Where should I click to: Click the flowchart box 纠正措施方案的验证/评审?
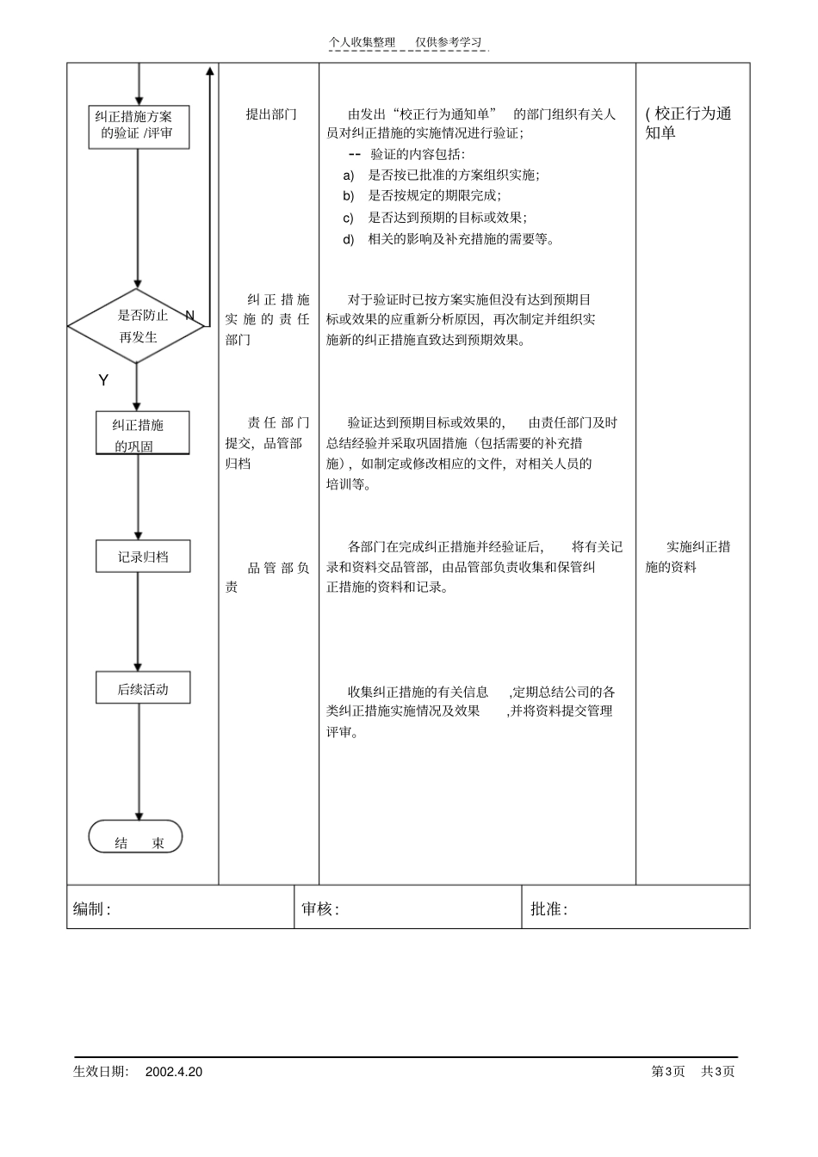coord(139,126)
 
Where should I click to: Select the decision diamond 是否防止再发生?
coord(137,326)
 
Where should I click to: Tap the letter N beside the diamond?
coord(190,316)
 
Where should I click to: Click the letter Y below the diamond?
coord(103,380)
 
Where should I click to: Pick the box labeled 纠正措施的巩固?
coord(142,433)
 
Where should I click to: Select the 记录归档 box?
coord(143,557)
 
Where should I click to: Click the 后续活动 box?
coord(143,688)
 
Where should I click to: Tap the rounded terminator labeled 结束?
coord(136,837)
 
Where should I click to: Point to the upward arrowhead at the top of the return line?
coord(209,71)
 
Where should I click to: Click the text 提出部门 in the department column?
coord(271,114)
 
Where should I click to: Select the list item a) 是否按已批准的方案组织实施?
coord(441,175)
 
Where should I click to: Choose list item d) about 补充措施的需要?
coord(449,239)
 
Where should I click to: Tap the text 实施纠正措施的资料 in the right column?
coord(689,557)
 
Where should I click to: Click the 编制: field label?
coord(92,909)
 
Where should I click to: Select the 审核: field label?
coord(320,909)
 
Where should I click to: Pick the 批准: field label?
coord(548,909)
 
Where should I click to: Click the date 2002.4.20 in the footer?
coord(174,1072)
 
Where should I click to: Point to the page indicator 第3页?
coord(668,1072)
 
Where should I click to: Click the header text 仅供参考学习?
coord(449,42)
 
